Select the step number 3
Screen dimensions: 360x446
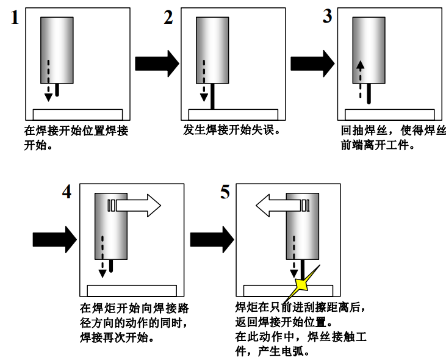pyautogui.click(x=327, y=16)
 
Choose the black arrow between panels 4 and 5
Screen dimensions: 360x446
pyautogui.click(x=211, y=239)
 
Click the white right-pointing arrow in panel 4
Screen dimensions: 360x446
pyautogui.click(x=138, y=206)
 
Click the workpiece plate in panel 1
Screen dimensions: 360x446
pyautogui.click(x=77, y=114)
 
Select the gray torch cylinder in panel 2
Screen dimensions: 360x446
pyautogui.click(x=212, y=50)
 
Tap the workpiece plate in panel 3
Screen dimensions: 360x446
pyautogui.click(x=389, y=114)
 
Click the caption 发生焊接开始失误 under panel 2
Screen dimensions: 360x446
pyautogui.click(x=231, y=130)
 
